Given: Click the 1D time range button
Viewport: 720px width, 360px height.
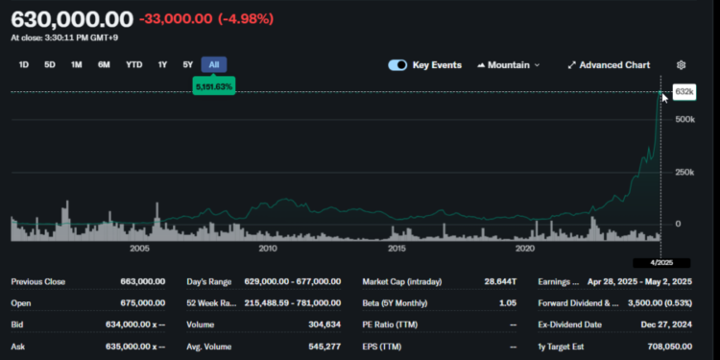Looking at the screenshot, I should [24, 64].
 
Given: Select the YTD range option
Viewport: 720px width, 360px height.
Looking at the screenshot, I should [134, 64].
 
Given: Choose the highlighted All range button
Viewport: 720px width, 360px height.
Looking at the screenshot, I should [214, 64].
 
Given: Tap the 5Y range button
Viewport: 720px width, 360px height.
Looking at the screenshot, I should [188, 64].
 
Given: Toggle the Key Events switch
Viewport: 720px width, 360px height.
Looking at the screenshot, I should [398, 65].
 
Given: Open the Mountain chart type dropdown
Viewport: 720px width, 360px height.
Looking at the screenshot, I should [509, 65].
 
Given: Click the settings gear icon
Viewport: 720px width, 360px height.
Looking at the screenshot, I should [682, 65].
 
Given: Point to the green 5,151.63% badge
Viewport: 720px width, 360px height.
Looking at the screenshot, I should [214, 86].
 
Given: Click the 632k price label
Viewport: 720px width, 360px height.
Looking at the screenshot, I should [684, 91].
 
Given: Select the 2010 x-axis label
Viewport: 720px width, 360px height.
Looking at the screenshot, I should [268, 249].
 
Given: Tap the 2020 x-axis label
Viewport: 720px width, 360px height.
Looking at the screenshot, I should [525, 249].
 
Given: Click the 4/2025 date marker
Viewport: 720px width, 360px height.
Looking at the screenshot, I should [660, 262].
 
